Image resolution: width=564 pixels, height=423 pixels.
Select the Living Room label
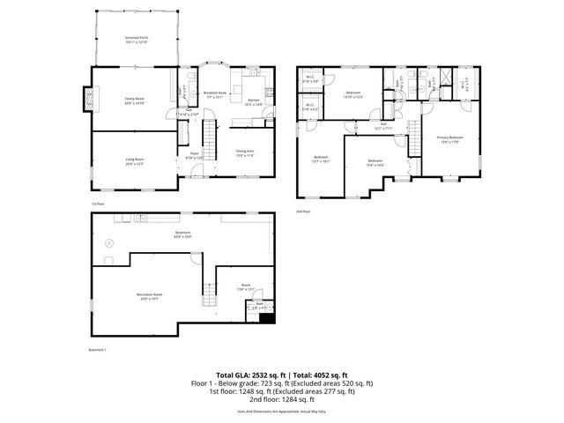pos(134,161)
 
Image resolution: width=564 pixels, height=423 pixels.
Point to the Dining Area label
pos(245,152)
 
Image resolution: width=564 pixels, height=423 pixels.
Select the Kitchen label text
pos(252,101)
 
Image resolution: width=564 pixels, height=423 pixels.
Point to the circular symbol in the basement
pos(111,243)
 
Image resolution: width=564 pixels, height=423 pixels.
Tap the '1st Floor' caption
pos(98,204)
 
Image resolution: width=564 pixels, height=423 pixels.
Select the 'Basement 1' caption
pos(98,350)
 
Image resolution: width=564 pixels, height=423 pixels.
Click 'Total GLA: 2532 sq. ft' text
pos(252,375)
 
